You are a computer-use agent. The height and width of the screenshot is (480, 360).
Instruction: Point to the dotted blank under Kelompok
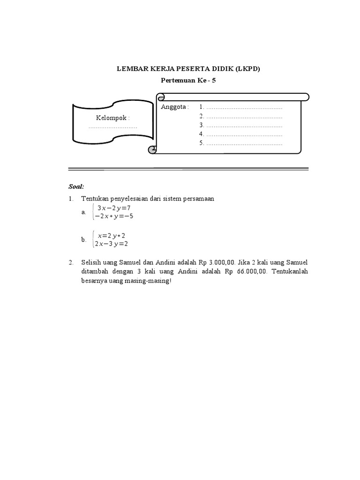point(113,127)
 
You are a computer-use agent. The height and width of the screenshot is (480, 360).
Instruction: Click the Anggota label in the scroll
point(174,107)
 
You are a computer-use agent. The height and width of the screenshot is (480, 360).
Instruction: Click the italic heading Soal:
point(76,186)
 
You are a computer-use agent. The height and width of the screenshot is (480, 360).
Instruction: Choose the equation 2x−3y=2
point(112,244)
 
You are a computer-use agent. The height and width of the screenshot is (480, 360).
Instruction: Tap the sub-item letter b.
point(83,240)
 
